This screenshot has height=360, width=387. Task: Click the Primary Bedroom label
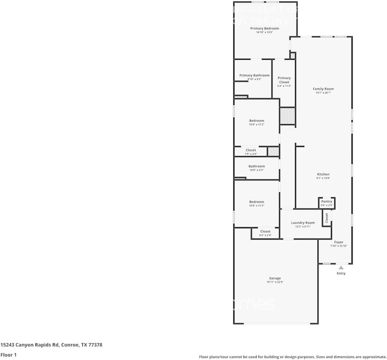(264, 28)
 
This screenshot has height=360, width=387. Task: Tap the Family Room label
(323, 89)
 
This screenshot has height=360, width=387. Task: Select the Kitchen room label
(323, 174)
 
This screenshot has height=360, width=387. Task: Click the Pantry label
(326, 201)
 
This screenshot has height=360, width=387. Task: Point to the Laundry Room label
(303, 223)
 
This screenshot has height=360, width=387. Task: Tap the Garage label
(275, 278)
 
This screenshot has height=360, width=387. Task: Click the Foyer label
(339, 242)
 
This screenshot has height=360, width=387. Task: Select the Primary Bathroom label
(254, 75)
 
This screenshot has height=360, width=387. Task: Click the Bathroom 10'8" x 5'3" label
(257, 166)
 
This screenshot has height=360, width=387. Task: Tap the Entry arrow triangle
(341, 267)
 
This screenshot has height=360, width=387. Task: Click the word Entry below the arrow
(341, 274)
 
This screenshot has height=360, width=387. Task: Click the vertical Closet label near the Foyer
(326, 218)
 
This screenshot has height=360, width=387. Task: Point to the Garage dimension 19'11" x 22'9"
(275, 282)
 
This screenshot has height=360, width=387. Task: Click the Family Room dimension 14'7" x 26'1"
(323, 93)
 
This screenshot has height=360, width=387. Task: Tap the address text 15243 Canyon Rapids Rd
(30, 345)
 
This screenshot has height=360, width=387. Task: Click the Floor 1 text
(8, 355)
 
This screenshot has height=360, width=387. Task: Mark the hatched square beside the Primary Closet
(288, 116)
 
